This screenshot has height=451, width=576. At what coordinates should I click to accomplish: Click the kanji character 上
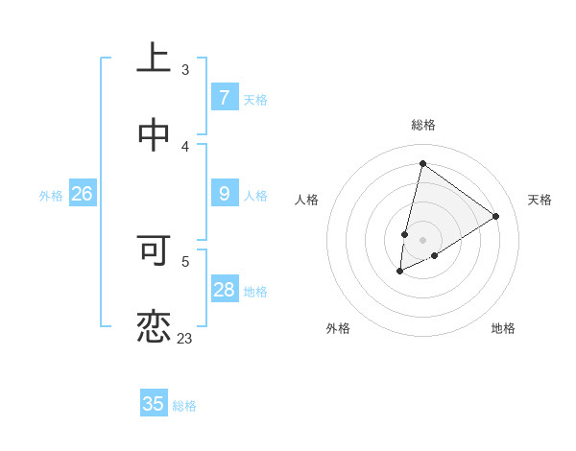coord(154,60)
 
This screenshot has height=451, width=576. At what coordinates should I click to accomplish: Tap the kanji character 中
coord(154,136)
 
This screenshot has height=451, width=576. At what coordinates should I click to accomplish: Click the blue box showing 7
coord(225,98)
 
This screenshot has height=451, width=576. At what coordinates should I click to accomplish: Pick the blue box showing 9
coord(225,194)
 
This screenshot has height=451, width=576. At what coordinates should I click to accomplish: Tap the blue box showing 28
coord(225,290)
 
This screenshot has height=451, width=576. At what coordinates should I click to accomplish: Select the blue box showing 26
coord(82,194)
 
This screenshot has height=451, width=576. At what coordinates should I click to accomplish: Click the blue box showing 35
coord(154,404)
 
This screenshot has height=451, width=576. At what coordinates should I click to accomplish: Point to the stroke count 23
coord(184,338)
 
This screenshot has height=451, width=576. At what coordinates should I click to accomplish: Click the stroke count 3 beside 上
coord(185,69)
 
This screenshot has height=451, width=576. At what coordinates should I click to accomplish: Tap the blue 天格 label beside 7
coord(255,99)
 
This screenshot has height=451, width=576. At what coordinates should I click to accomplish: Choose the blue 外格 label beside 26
coord(51,195)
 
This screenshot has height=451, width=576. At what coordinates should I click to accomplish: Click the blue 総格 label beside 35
coord(184,405)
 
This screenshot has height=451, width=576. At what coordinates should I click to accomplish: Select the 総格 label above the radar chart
coord(422,125)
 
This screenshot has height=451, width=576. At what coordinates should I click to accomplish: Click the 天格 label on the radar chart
coord(540,200)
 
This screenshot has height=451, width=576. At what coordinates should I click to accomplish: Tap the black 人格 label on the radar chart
coord(306,200)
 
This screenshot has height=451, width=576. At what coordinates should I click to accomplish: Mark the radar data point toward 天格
coord(496,216)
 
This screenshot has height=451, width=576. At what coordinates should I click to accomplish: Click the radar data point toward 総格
coord(422,163)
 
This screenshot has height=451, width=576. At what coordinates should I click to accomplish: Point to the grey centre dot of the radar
coord(422,240)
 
